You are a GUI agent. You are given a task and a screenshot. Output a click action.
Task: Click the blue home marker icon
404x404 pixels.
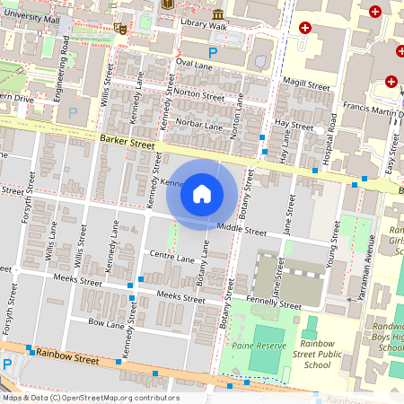point(202,193)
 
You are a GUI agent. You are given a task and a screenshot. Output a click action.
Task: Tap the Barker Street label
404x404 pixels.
point(124,139)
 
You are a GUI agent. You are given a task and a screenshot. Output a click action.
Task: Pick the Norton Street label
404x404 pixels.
point(200,92)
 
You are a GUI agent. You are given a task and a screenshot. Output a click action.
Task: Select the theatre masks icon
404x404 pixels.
point(121,28)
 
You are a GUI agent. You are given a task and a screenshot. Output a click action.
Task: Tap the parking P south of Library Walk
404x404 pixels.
point(213,53)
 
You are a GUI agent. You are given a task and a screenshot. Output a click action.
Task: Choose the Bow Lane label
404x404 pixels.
point(104,321)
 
